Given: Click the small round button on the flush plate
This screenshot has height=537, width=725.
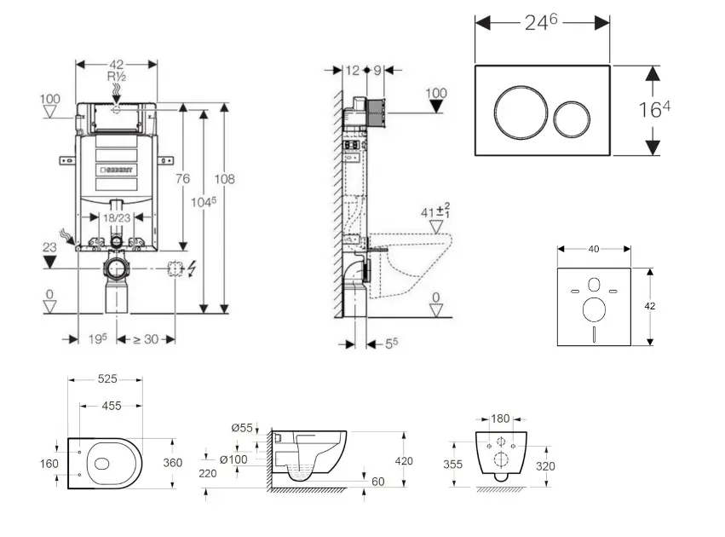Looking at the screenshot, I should click(570, 119).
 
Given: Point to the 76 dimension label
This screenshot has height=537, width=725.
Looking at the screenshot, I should click(182, 178).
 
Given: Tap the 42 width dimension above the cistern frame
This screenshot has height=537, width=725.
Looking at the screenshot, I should click(117, 64).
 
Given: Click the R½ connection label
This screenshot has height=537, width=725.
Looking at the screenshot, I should click(117, 76).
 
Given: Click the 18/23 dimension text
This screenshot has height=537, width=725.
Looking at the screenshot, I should click(117, 217).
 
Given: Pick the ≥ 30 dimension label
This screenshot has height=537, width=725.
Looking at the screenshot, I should click(147, 338).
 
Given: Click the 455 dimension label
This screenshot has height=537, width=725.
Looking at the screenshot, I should click(111, 407).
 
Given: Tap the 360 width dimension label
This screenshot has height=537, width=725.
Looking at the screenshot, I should click(173, 463).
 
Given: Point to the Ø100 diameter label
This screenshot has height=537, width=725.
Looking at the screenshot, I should click(233, 460).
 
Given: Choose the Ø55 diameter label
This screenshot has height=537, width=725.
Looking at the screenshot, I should click(242, 428).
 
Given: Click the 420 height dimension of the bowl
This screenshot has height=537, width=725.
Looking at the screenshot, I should click(403, 460).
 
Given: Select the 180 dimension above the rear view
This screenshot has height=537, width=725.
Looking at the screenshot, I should click(501, 419).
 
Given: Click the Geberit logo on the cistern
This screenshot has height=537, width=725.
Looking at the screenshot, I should click(117, 170).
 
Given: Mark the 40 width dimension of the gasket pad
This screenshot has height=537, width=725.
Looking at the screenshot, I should click(594, 249).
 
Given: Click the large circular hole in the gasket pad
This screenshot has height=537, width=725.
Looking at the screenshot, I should click(594, 308).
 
